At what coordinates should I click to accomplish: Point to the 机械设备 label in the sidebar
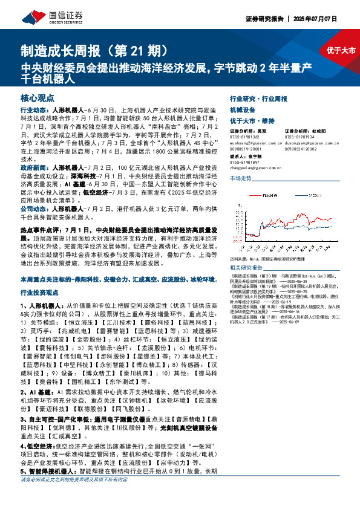pos(240,111)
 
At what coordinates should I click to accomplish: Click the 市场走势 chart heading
pos(240,178)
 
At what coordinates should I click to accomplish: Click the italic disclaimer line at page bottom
pos(74,479)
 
